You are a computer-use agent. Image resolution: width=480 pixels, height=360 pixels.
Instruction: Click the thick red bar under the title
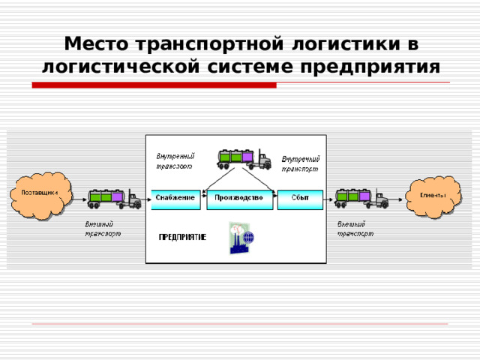pos(154,85)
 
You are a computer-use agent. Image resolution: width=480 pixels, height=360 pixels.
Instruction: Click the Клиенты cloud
pos(433,196)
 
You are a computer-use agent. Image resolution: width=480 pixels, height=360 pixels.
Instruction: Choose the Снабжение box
pos(176,197)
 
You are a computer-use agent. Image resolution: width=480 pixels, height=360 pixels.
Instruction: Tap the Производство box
pos(238,197)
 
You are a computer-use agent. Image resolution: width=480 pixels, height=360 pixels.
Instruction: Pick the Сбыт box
pos(301,197)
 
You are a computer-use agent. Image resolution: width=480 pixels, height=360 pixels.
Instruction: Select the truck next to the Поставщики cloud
pos(113,198)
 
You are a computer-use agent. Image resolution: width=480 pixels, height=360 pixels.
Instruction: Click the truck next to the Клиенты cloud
pos(361,198)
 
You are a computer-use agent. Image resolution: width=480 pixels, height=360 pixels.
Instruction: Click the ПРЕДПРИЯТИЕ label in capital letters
pos(182,237)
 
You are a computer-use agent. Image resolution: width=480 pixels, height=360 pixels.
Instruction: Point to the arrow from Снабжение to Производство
pos(204,197)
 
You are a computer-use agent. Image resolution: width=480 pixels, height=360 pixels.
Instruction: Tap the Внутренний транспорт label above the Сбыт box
pos(301,164)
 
